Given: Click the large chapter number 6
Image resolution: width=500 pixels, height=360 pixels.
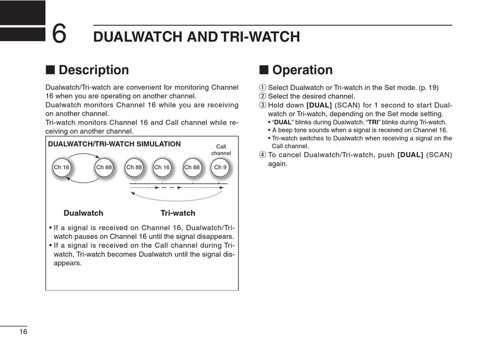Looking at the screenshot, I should (x=59, y=34).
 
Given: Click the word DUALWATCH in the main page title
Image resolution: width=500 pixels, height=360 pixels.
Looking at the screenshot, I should (x=138, y=37).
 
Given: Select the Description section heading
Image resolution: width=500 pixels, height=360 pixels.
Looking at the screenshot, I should (x=93, y=70).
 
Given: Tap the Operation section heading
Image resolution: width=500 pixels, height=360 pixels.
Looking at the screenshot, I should (x=302, y=70).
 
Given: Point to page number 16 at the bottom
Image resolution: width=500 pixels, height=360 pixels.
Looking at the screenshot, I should (x=23, y=332).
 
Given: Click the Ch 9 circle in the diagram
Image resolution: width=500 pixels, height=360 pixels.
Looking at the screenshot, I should (x=220, y=167).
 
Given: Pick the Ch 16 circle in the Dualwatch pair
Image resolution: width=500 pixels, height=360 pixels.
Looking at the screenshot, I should (x=62, y=167).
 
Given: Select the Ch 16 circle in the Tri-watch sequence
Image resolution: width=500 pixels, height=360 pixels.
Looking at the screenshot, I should (x=162, y=167).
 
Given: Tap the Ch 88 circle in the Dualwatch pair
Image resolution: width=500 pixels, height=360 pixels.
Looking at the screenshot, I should (x=104, y=167).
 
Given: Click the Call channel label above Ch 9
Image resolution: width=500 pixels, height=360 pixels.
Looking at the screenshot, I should (x=221, y=150).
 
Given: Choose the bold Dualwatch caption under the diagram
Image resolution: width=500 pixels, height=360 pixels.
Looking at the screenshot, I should (x=83, y=213).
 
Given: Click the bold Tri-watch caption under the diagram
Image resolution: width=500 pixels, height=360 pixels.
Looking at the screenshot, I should (x=177, y=213).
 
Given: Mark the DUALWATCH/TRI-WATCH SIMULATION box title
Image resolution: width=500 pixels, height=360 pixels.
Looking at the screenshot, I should (x=114, y=144).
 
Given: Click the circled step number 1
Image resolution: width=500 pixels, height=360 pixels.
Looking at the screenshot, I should (x=263, y=88).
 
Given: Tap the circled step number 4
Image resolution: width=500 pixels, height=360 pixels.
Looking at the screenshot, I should (x=263, y=155).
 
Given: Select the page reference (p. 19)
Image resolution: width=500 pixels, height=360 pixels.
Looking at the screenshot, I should (x=429, y=88).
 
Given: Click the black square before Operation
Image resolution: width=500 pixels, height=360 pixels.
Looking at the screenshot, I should (x=264, y=70).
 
